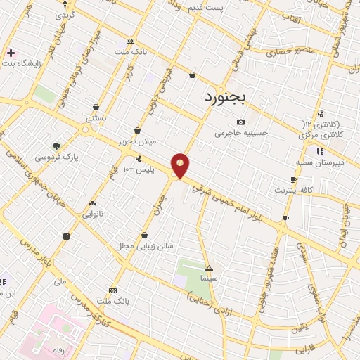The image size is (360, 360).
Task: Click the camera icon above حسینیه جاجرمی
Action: (x=241, y=122)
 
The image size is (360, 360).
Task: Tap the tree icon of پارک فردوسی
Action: (x=57, y=146)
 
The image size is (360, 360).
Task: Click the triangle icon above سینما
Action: (x=209, y=268)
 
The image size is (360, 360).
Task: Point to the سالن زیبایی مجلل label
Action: (x=143, y=247)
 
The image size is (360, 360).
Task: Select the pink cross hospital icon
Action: (x=11, y=53)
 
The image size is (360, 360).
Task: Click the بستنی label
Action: (x=96, y=119)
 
